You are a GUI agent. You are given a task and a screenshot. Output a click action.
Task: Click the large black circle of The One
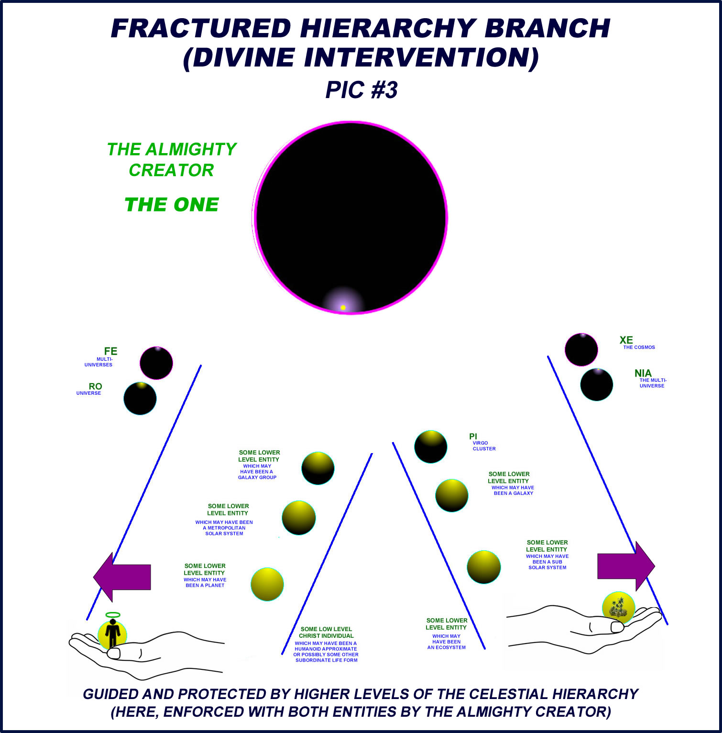tap(350, 211)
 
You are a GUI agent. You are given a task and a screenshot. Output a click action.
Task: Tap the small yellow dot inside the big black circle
tap(343, 307)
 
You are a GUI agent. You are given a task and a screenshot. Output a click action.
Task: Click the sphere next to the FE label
tap(156, 363)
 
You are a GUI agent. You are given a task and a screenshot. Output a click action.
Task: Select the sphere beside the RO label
tap(140, 398)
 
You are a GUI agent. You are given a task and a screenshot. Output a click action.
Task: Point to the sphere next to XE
tap(581, 350)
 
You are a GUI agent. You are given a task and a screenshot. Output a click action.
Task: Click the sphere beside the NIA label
tap(597, 384)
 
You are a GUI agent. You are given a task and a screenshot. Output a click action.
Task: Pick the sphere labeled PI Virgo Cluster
tap(431, 447)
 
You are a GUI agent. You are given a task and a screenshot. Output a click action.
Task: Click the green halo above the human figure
tap(113, 615)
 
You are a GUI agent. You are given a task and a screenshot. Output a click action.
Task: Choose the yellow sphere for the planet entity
tap(267, 584)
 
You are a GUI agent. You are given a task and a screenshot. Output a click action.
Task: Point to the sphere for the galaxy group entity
tap(318, 468)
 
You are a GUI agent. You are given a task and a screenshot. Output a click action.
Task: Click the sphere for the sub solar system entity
tap(484, 567)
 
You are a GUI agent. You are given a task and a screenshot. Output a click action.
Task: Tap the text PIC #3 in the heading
tap(361, 90)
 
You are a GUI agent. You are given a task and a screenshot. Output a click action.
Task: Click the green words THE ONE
tap(172, 205)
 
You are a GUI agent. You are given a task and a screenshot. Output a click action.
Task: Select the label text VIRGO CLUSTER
tap(484, 446)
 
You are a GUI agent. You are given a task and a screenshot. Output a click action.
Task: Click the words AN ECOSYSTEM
tap(447, 647)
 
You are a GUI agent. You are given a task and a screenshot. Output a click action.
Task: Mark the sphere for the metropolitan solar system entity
tap(299, 518)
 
